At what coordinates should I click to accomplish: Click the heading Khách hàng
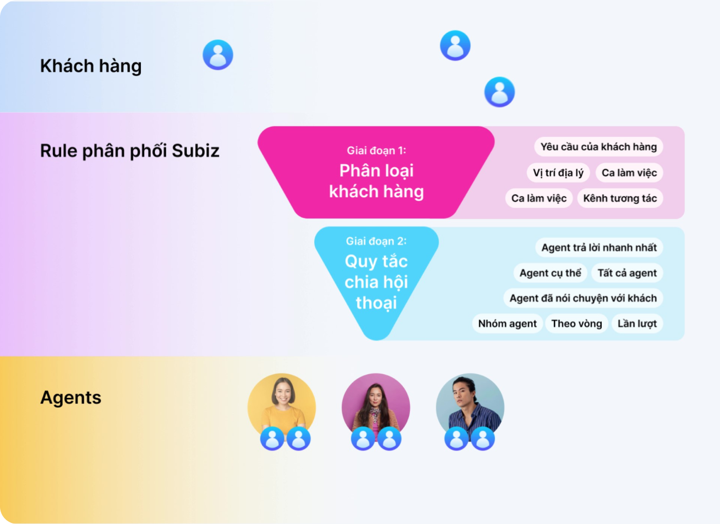click(91, 66)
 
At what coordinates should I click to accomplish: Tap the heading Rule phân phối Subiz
click(130, 150)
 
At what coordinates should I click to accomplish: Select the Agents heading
click(71, 397)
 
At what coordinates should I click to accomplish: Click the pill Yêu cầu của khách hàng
click(599, 147)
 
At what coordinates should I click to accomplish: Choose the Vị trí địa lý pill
click(558, 173)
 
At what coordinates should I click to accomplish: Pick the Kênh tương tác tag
click(620, 198)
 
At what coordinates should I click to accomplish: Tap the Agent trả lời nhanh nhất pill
click(599, 248)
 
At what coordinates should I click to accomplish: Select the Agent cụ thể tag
click(550, 273)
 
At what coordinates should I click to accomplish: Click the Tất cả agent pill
click(627, 273)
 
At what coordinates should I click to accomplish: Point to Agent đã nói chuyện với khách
click(583, 298)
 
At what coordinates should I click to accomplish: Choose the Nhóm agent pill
click(508, 324)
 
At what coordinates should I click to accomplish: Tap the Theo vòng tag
click(577, 324)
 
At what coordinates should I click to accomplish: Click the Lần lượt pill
click(637, 324)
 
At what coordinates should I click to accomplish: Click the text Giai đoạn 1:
click(376, 150)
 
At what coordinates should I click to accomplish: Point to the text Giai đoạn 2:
click(376, 241)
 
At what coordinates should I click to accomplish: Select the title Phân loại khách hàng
click(376, 181)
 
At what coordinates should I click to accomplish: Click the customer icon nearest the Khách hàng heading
click(218, 55)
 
